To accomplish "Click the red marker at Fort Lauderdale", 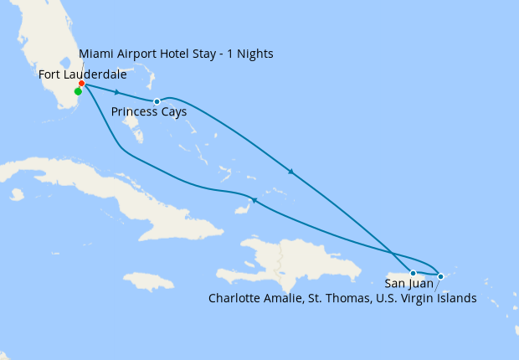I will click(x=81, y=84).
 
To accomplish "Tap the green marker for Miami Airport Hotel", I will click(x=78, y=92).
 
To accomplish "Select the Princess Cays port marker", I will click(x=157, y=101).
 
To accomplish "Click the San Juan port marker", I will click(x=413, y=273).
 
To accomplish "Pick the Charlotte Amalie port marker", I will click(x=440, y=275).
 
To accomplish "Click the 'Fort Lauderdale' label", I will click(x=83, y=75).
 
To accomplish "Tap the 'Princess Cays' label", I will click(x=149, y=111).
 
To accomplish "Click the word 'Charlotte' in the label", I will click(x=234, y=298).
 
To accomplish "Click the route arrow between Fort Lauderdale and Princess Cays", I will click(x=117, y=92).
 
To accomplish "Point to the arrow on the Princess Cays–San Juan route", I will click(x=290, y=172).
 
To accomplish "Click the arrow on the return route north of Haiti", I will click(x=254, y=200).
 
